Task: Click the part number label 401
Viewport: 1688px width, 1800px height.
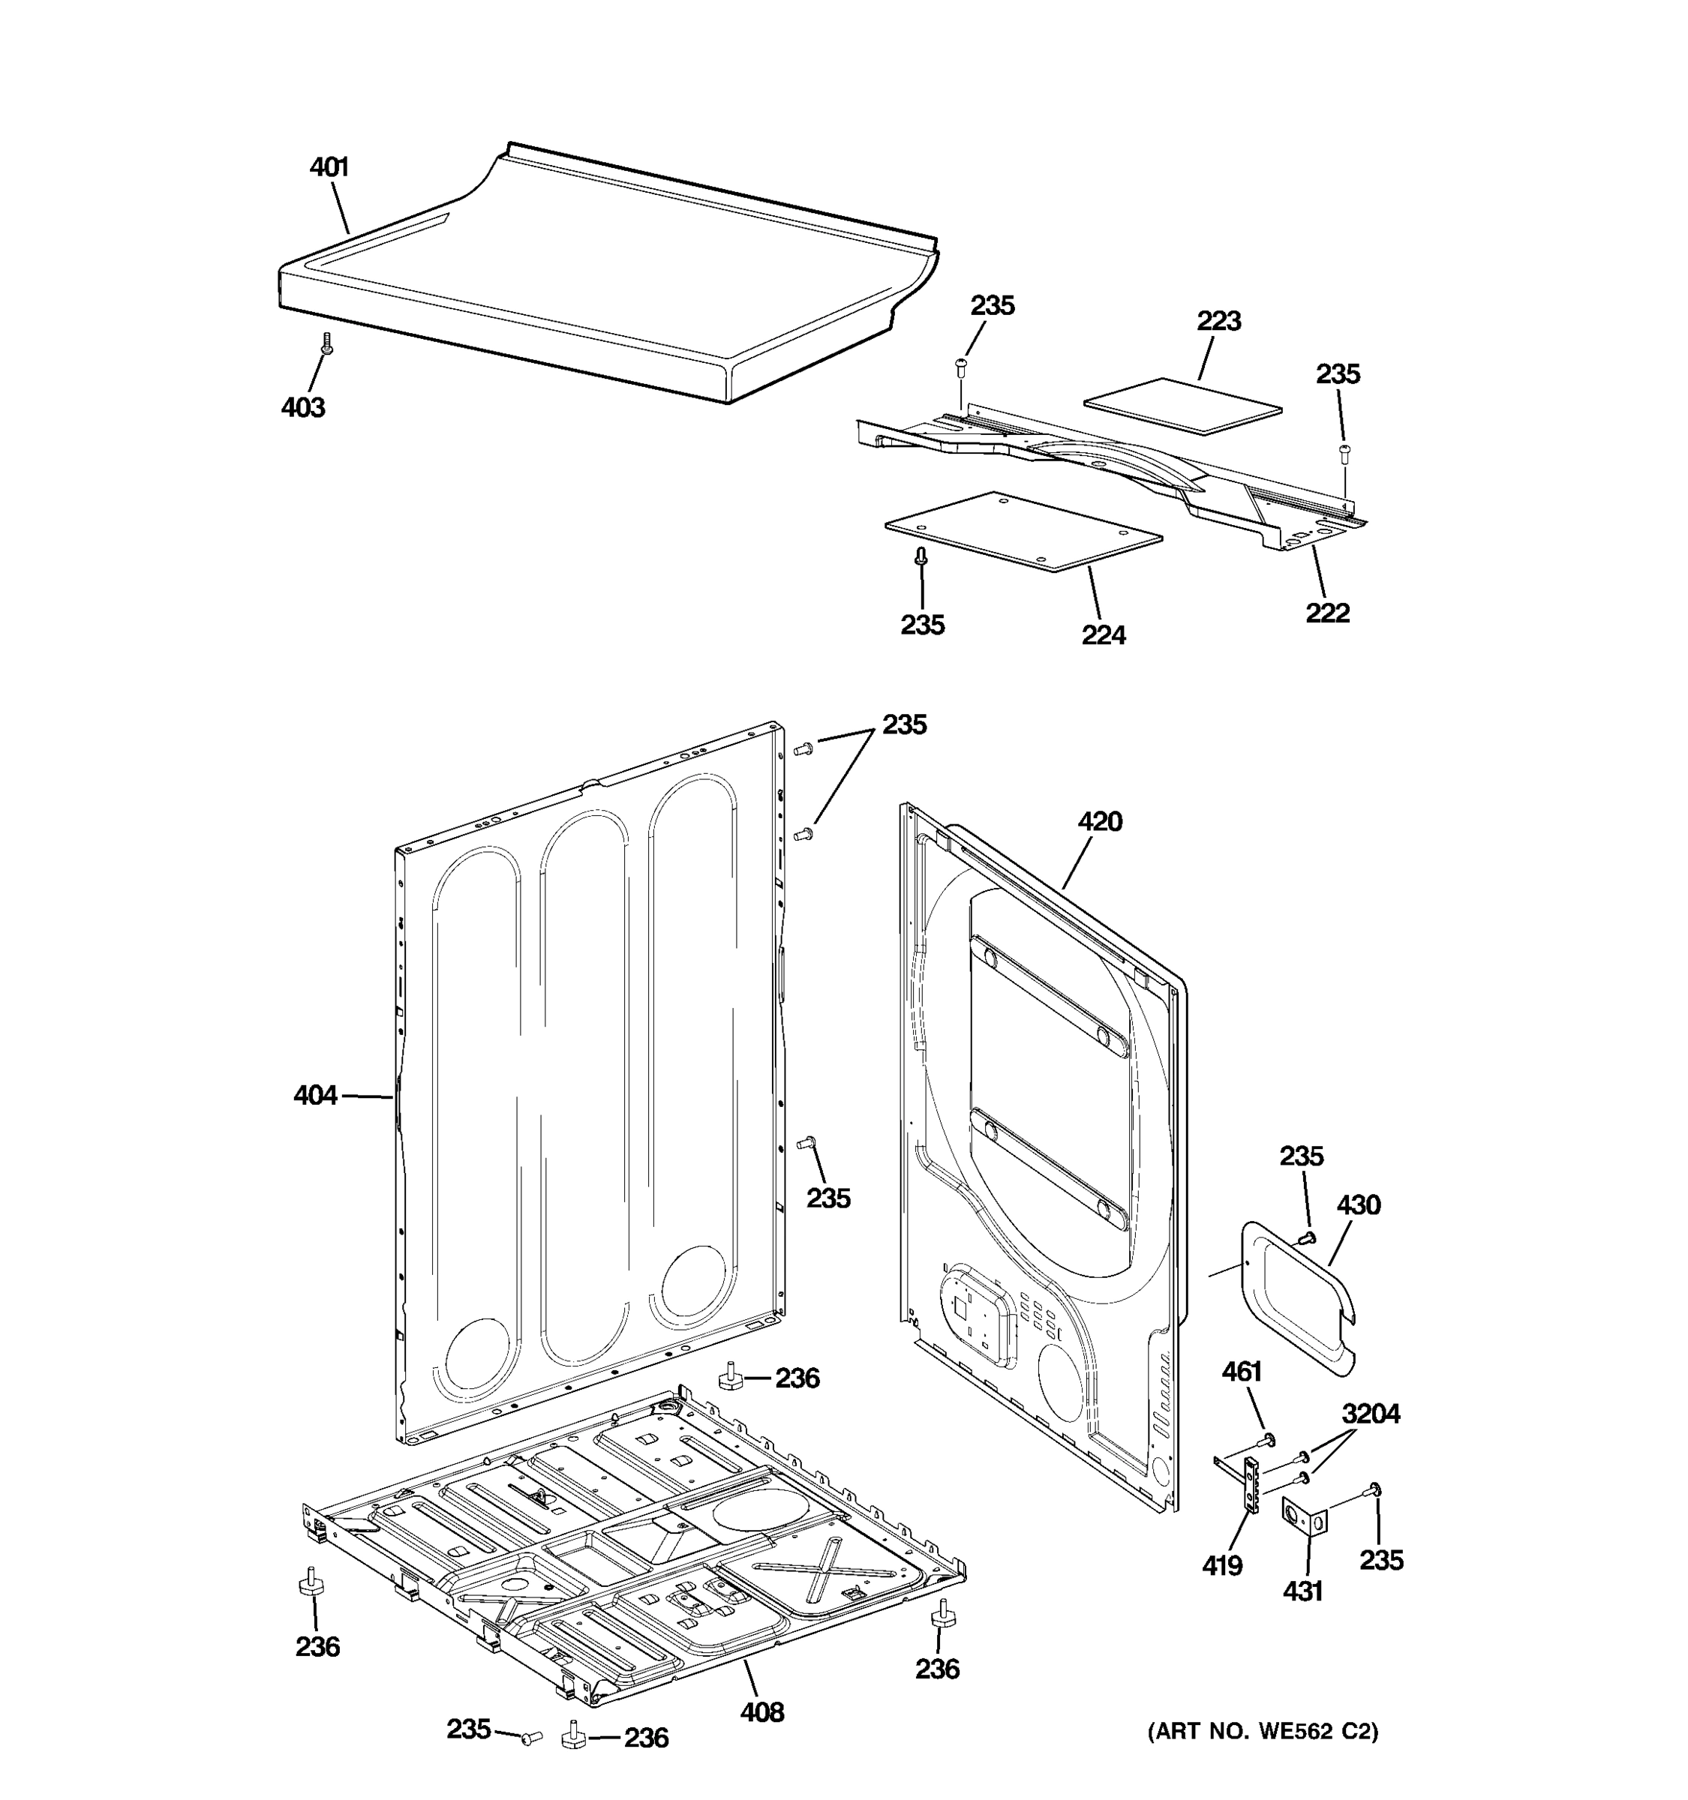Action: coord(329,166)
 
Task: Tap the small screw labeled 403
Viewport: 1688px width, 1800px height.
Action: coord(327,344)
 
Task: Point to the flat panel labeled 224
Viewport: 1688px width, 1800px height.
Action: coord(1023,532)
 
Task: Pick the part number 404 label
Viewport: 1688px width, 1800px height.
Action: coord(315,1096)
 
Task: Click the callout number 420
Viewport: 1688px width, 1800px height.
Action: coord(1099,821)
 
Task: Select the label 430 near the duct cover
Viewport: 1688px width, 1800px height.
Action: coord(1359,1205)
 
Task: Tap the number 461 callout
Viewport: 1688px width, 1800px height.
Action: coord(1242,1372)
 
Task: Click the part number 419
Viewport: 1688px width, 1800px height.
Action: coord(1221,1564)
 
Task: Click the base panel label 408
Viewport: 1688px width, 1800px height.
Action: coord(761,1712)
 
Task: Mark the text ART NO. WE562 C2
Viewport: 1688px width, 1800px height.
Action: coord(1263,1731)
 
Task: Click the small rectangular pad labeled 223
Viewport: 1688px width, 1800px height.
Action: coord(1182,407)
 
